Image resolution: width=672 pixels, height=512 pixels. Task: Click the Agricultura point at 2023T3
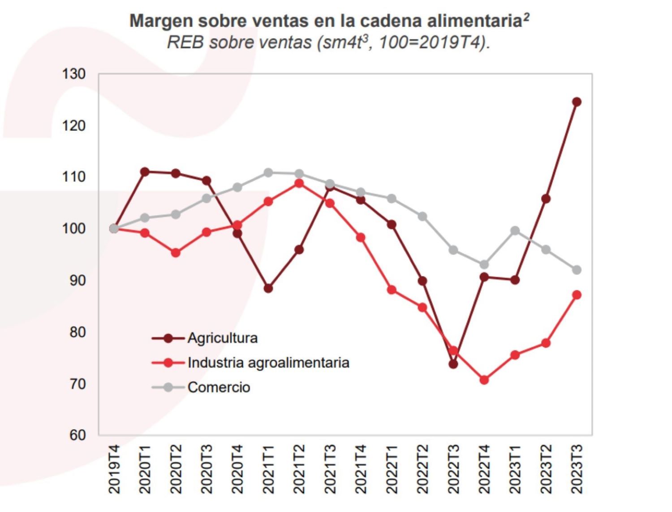577,102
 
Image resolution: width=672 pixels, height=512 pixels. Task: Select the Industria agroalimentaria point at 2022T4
484,380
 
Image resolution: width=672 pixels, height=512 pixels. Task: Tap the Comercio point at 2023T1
515,231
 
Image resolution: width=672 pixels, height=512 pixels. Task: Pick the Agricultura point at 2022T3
453,364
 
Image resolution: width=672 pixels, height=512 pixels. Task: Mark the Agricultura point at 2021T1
268,289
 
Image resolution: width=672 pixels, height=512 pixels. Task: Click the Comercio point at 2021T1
268,173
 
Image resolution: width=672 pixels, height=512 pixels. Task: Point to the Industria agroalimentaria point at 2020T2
176,253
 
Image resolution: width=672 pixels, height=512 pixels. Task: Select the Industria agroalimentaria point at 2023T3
577,295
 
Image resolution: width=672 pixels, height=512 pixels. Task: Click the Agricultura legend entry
222,338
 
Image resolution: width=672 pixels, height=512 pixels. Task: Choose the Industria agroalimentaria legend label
268,363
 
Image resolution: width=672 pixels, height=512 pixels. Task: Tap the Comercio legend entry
219,387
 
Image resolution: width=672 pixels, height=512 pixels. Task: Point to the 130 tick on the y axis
74,74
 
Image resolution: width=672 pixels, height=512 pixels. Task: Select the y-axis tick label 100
74,229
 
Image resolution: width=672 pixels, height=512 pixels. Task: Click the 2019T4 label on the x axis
114,469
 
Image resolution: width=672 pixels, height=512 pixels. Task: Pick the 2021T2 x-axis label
299,469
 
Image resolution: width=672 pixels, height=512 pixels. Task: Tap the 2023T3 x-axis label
577,469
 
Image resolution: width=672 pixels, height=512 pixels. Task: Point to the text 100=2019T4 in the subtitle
431,43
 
